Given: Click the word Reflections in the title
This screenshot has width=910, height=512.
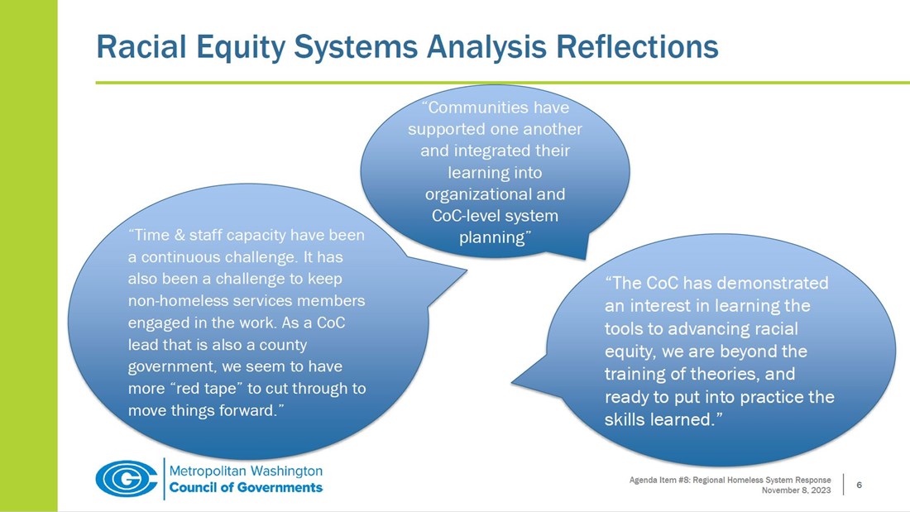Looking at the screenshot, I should pyautogui.click(x=638, y=47).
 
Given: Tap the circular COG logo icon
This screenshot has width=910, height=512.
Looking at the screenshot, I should pyautogui.click(x=126, y=479).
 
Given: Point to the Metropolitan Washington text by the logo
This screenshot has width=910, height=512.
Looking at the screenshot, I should pyautogui.click(x=246, y=471).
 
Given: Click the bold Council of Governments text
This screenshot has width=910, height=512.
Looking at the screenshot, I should pyautogui.click(x=246, y=487).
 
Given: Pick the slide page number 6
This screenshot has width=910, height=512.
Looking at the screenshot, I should pyautogui.click(x=860, y=485).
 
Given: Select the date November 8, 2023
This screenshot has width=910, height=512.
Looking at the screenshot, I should pyautogui.click(x=796, y=490).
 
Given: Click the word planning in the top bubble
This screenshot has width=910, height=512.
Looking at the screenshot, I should pyautogui.click(x=493, y=237).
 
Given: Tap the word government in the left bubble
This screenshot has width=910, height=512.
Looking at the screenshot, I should pyautogui.click(x=170, y=366).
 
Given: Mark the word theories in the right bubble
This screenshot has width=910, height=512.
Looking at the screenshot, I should pyautogui.click(x=730, y=374).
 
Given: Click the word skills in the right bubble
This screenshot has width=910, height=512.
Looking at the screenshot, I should pyautogui.click(x=626, y=419).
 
